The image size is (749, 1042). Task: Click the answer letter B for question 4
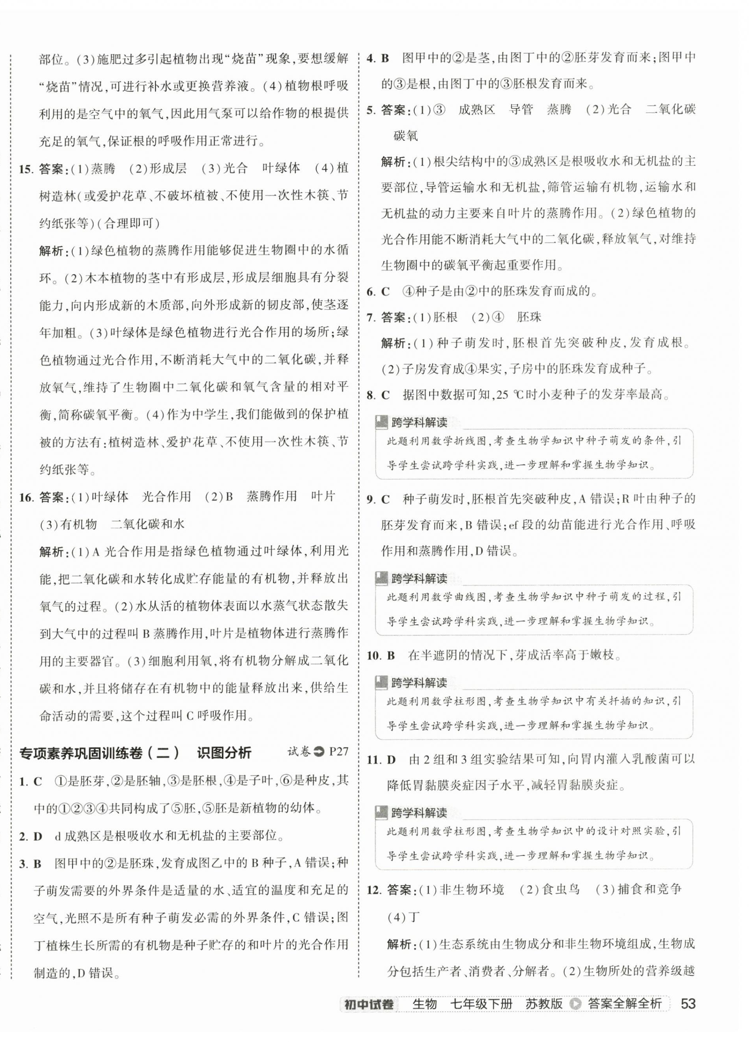point(385,58)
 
